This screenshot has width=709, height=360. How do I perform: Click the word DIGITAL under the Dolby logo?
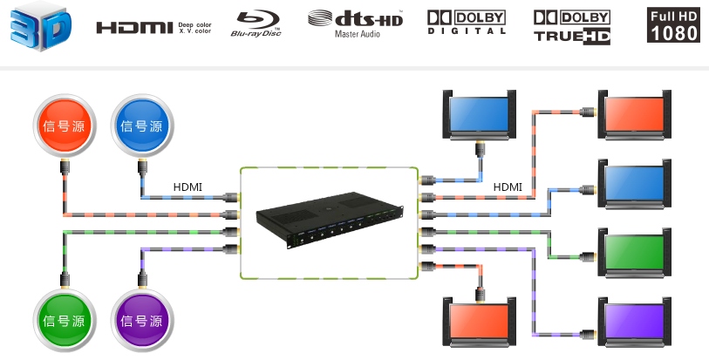pos(467,31)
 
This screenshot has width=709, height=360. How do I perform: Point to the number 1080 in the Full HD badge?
pos(674,33)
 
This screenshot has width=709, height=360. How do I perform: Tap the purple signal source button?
pos(142,319)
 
